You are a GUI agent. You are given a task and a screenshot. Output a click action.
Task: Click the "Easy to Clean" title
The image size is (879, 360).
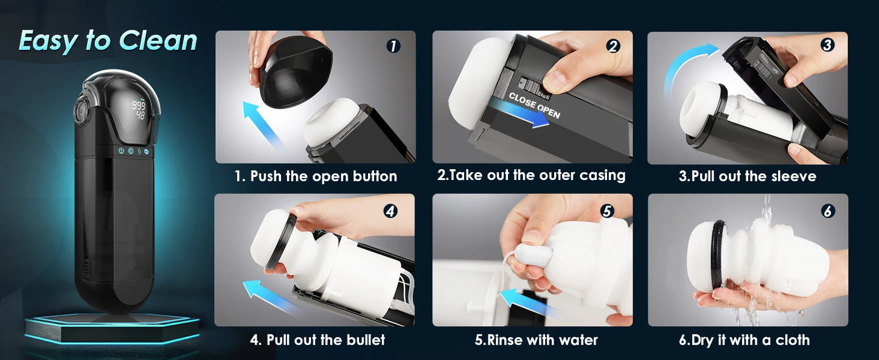point(108,41)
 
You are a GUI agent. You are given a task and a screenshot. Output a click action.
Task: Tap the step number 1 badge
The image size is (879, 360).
point(394,46)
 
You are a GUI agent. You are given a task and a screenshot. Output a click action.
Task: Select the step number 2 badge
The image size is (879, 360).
point(613,46)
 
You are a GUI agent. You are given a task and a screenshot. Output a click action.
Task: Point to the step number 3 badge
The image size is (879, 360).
point(827,44)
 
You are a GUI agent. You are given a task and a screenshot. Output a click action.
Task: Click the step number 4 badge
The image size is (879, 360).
point(391,211)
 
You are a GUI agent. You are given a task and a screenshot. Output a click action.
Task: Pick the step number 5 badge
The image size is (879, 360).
point(606,210)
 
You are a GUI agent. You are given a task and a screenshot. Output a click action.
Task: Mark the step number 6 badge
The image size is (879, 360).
point(827,211)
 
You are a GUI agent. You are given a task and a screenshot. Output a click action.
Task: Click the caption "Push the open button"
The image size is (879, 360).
point(316,176)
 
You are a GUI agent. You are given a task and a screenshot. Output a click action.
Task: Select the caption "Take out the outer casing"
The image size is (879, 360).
point(531,175)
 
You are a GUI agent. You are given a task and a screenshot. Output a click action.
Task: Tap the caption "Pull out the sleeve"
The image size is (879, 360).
point(748,176)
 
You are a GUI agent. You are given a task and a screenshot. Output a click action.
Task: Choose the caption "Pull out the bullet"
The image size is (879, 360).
point(318,339)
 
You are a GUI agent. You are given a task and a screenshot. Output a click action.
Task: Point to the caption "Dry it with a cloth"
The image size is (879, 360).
point(744,340)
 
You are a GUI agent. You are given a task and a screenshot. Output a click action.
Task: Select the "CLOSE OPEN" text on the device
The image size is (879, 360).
point(534,105)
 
